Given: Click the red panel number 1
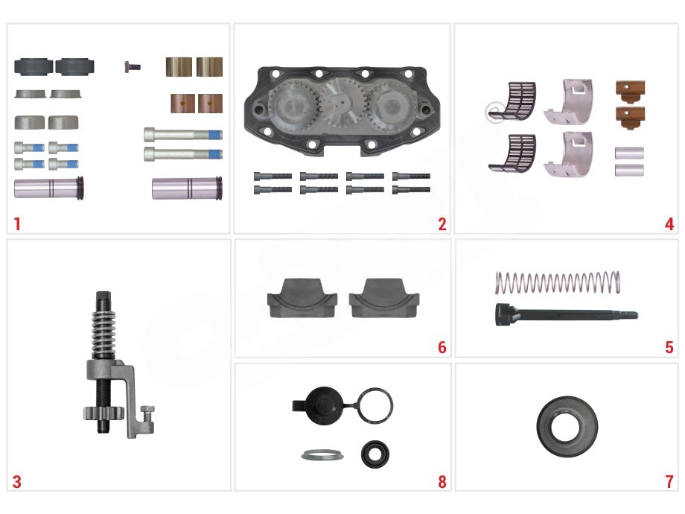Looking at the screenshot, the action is tap(17, 223).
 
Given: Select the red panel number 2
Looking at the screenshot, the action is tap(442, 223).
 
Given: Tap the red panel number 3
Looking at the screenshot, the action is tap(16, 482).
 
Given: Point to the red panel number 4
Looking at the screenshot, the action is tap(669, 223).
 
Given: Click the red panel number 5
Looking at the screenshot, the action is tap(669, 347).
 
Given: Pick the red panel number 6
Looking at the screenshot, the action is tap(442, 347).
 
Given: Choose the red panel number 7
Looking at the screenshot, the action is tap(669, 482).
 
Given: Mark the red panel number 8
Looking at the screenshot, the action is tap(442, 482).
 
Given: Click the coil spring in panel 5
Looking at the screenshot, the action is tap(558, 282).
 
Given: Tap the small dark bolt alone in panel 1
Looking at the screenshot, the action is tap(132, 67).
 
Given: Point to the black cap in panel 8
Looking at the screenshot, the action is tap(321, 405).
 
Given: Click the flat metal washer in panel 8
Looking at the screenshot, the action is tap(322, 455).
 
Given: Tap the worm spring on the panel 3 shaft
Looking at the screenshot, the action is tap(103, 334).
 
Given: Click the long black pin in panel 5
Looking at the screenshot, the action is tap(566, 314).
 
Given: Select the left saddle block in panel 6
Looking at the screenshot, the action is tap(302, 299).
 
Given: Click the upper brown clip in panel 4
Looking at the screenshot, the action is tap(630, 90).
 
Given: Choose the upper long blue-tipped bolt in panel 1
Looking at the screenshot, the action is tap(183, 134).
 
